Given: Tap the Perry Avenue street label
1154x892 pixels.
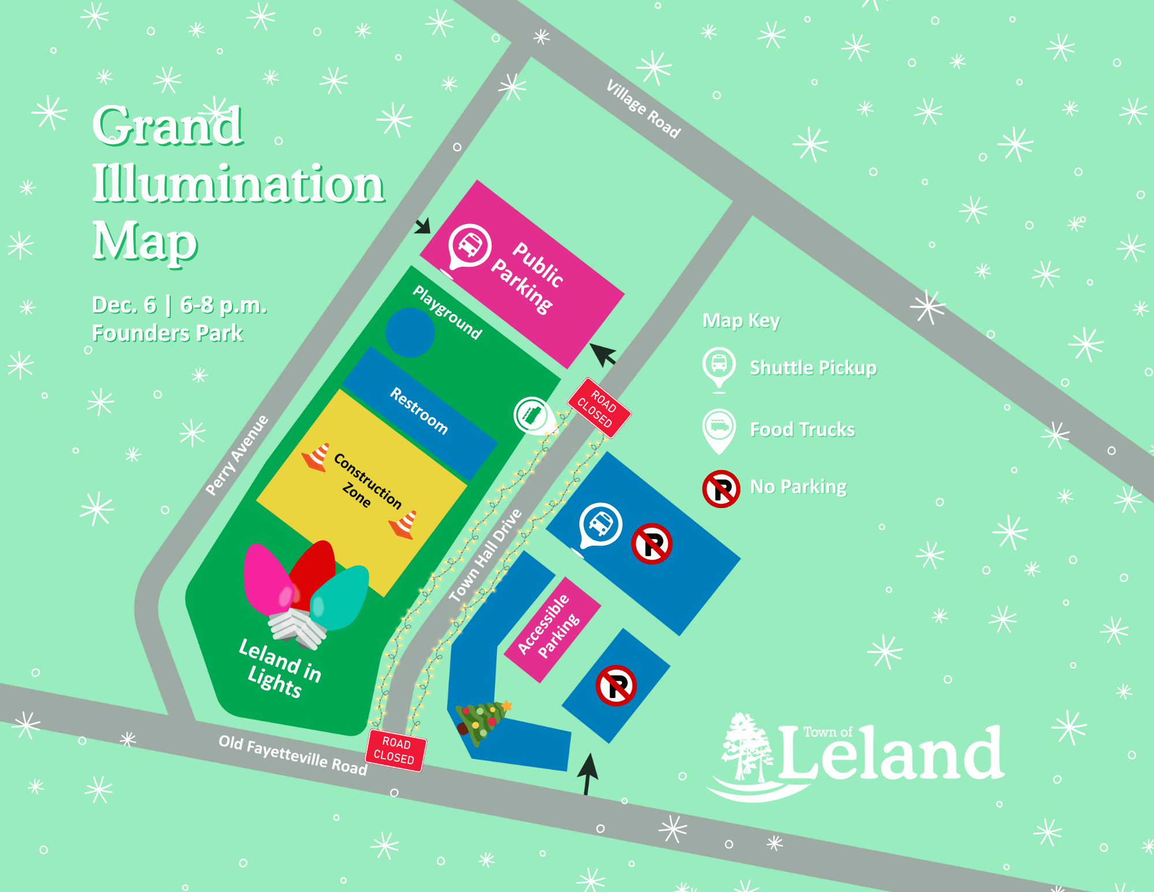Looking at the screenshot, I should [x=237, y=456].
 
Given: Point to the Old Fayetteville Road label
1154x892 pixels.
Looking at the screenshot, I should [x=293, y=755].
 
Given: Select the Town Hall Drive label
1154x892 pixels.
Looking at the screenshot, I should [x=485, y=555].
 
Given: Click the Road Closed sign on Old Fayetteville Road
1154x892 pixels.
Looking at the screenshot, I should [x=395, y=751].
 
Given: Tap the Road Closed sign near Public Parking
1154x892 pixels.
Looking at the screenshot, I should [x=599, y=408].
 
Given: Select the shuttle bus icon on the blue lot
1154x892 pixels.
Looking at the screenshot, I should [x=601, y=524].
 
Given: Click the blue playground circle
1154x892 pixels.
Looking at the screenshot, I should [x=410, y=333].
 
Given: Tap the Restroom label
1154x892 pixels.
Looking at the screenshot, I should [x=419, y=410].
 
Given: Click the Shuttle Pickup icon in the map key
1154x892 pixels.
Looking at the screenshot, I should [x=719, y=367].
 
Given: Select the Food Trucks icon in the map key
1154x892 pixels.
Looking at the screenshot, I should [x=719, y=429].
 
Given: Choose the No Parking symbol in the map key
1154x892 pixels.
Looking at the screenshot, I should [x=721, y=489].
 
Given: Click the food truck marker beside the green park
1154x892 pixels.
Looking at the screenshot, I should [x=532, y=414].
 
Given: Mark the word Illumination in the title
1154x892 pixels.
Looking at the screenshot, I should [x=238, y=184].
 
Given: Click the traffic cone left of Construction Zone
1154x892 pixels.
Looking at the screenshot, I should [x=316, y=457].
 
